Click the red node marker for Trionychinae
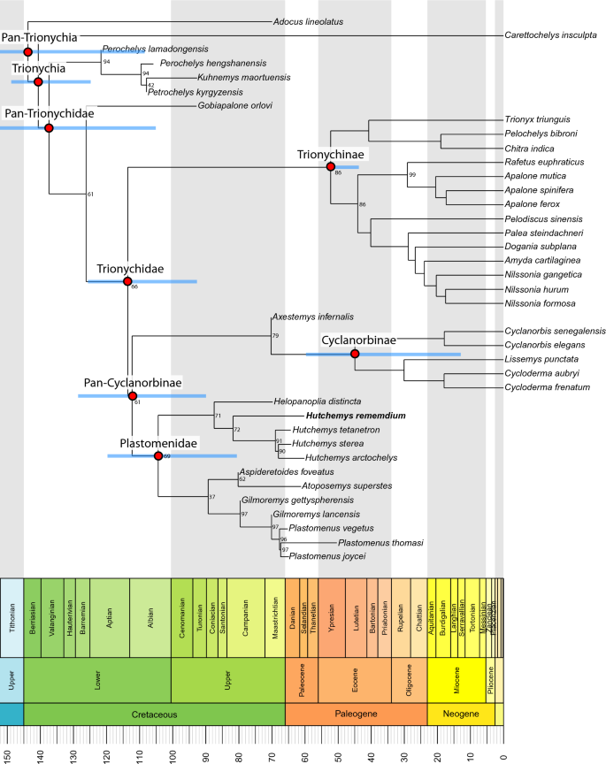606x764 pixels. click(x=331, y=166)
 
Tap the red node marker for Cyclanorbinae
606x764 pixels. click(x=356, y=354)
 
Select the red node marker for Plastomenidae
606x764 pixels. click(x=158, y=456)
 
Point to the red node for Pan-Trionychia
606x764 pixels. click(x=27, y=52)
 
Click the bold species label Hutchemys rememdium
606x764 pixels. click(x=356, y=416)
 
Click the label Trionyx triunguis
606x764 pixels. click(x=537, y=120)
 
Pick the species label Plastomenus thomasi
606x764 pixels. click(x=380, y=543)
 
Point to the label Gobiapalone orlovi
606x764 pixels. click(x=235, y=106)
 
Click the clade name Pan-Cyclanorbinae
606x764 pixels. click(x=133, y=383)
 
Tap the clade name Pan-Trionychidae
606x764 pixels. click(x=50, y=113)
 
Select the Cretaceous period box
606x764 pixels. click(x=155, y=713)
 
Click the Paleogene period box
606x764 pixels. click(x=357, y=713)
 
